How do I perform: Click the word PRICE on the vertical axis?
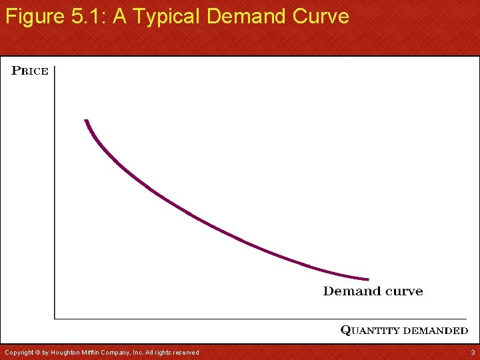tap(30, 71)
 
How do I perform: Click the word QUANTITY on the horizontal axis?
tap(371, 330)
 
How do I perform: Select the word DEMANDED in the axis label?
tap(436, 330)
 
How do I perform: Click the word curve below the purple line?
tap(404, 291)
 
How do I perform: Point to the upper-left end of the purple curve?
tap(86, 121)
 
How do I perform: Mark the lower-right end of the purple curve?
tap(367, 279)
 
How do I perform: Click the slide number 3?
tap(472, 352)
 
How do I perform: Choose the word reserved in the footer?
tap(185, 352)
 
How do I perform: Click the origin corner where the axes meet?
tap(55, 318)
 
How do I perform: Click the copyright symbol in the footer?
tap(37, 352)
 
